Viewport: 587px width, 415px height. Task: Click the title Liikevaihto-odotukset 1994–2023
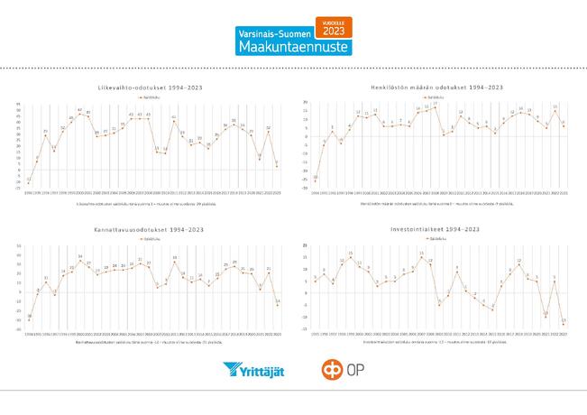pyautogui.click(x=150, y=87)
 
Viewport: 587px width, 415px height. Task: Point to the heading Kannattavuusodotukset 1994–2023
pyautogui.click(x=150, y=231)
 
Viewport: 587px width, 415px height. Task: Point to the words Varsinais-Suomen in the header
pyautogui.click(x=272, y=32)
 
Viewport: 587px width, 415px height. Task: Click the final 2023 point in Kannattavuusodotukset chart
pyautogui.click(x=277, y=304)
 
